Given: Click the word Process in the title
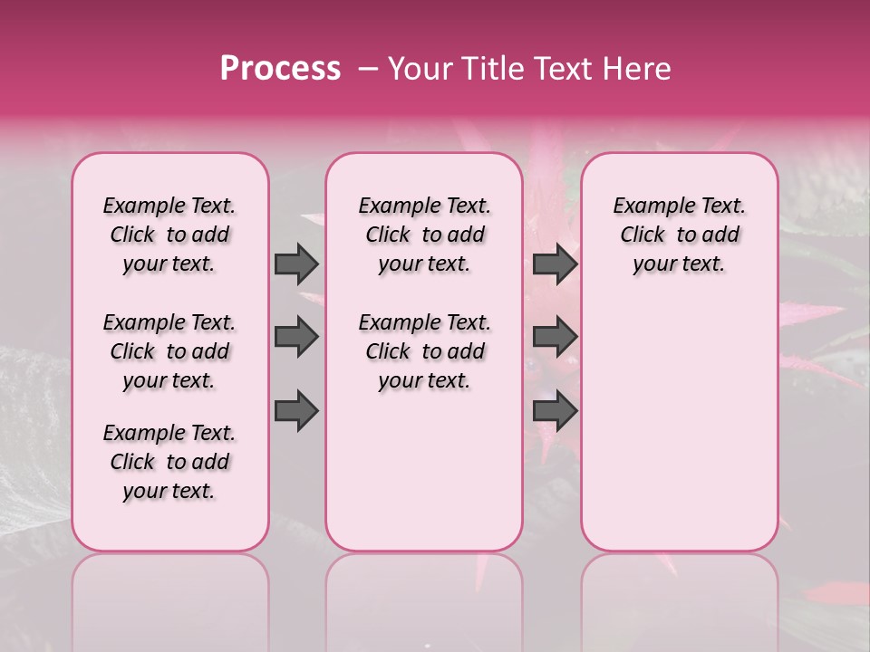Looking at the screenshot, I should [x=280, y=69].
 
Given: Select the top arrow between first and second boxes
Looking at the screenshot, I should [x=296, y=264].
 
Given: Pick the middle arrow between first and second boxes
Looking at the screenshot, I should [x=296, y=337].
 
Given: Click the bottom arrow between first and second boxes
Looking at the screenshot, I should [x=296, y=412].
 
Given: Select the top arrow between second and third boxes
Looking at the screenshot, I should [x=555, y=264].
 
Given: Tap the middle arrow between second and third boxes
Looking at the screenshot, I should [x=555, y=337].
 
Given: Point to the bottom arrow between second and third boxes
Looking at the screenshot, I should [x=555, y=412].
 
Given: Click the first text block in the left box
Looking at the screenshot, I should [x=169, y=235].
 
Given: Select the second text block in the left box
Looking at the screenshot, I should [x=169, y=351].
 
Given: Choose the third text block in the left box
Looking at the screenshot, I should [x=169, y=462].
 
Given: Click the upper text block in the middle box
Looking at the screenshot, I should [x=424, y=235].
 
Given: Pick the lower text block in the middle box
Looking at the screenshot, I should [x=424, y=351].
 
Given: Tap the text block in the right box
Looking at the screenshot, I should [x=679, y=235].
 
